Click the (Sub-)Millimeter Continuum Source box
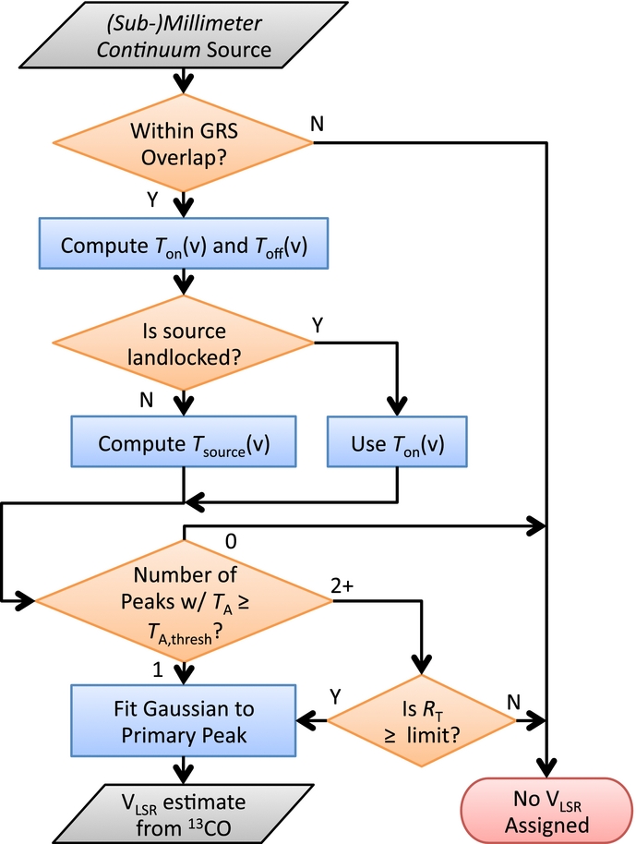pyautogui.click(x=185, y=35)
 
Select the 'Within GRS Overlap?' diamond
pyautogui.click(x=184, y=143)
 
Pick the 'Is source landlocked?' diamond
pyautogui.click(x=184, y=342)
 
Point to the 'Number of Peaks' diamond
pyautogui.click(x=184, y=602)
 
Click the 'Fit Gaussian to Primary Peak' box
pyautogui.click(x=184, y=717)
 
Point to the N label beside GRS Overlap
pyautogui.click(x=317, y=124)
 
